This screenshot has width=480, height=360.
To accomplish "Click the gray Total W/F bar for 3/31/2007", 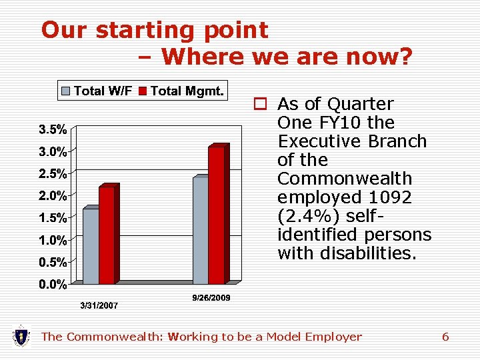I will (91, 245).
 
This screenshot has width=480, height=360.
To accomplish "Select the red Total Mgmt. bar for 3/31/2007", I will (107, 235).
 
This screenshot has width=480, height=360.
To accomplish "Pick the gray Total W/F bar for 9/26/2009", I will (200, 230).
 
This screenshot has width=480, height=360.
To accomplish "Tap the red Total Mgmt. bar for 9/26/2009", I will (216, 215).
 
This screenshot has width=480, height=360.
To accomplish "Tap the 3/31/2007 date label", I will (99, 306).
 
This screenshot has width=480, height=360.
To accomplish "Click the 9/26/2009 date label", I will (211, 298).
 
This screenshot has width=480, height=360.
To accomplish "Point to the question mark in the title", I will (404, 57).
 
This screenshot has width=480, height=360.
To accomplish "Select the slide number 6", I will (445, 337).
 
